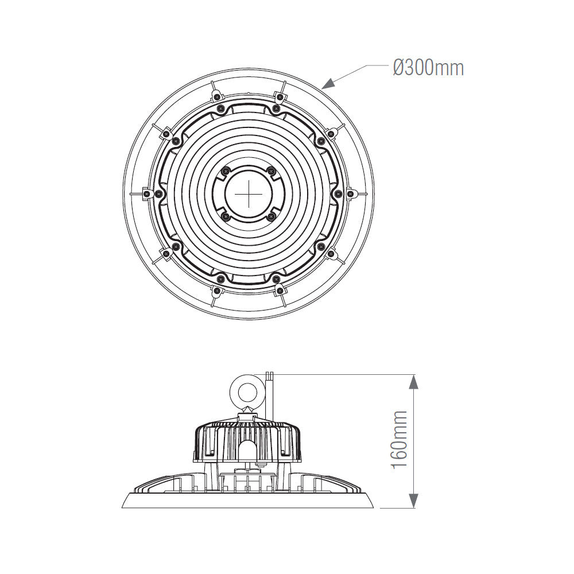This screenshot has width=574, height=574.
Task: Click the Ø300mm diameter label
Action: [x=428, y=68]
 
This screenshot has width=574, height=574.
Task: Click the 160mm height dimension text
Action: [x=400, y=439]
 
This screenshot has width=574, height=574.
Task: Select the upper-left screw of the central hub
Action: [x=226, y=170]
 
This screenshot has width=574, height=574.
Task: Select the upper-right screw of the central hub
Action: [x=272, y=170]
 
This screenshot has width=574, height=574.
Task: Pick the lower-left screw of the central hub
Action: [x=226, y=216]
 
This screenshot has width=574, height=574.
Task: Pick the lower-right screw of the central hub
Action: [x=272, y=216]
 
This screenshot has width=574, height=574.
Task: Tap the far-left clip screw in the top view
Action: [x=148, y=194]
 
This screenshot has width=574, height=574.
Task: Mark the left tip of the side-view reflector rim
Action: [x=123, y=507]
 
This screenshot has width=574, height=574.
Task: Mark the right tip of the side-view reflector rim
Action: [x=373, y=507]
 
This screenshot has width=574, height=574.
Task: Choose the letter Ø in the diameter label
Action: [x=400, y=68]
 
